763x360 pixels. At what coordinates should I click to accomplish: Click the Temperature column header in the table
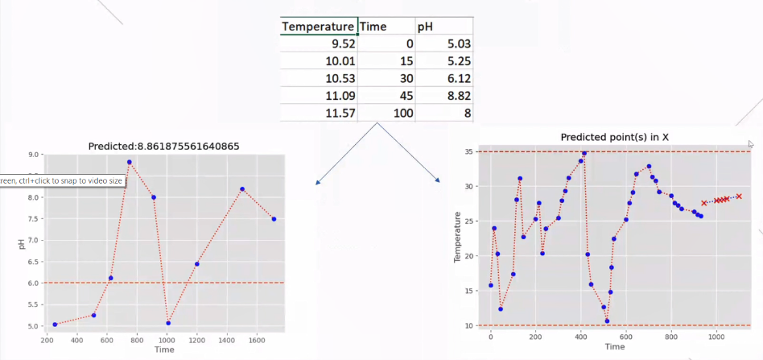click(318, 26)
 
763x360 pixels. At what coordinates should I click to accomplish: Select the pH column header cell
click(426, 26)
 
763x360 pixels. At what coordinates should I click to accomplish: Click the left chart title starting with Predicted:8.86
click(164, 146)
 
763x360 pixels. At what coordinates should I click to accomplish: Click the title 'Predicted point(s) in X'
click(615, 138)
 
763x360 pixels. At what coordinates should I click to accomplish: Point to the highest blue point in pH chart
click(129, 162)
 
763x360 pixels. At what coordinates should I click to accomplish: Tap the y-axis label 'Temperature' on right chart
click(459, 238)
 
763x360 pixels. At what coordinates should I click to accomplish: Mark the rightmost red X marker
click(738, 196)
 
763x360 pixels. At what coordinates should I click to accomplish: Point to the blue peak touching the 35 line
click(584, 153)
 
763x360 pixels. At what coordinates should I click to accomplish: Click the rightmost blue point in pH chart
click(274, 219)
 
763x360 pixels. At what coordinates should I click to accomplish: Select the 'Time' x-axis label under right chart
click(615, 347)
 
